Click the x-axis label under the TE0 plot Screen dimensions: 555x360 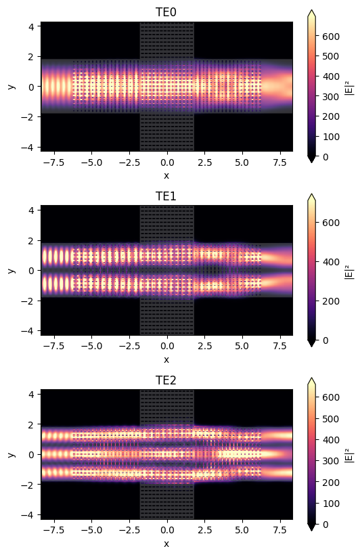[166, 175]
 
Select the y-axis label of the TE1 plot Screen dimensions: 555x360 [12, 270]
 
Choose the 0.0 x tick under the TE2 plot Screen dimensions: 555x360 [166, 531]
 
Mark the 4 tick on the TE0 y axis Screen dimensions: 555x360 [32, 26]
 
